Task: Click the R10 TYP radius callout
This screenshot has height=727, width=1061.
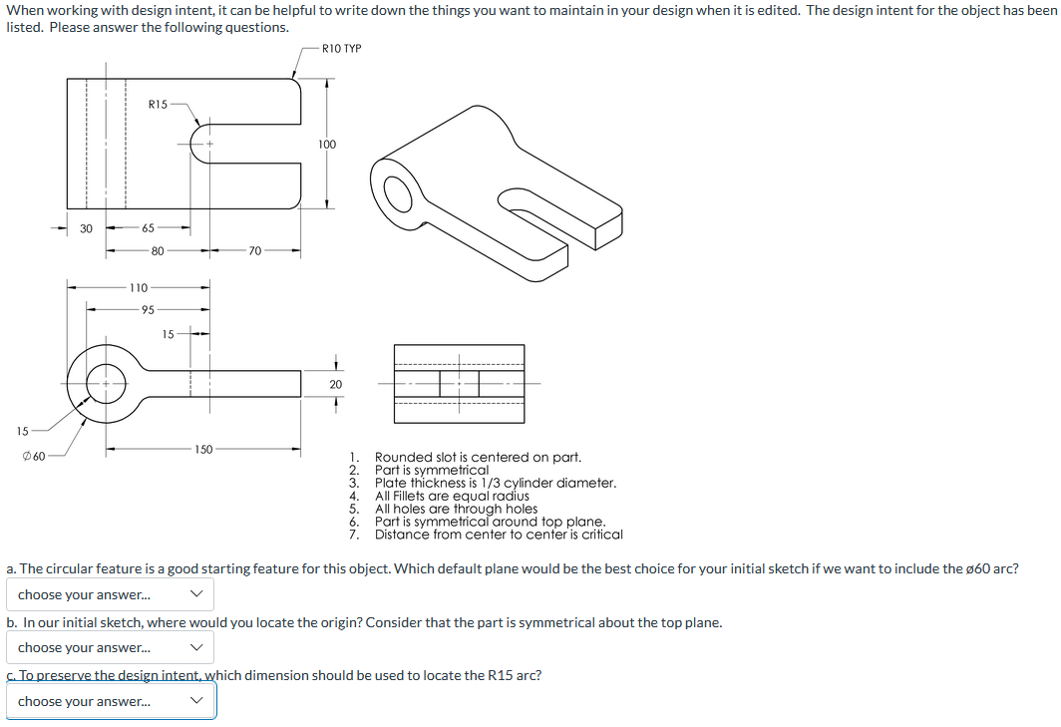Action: point(342,48)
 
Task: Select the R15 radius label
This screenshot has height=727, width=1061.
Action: point(158,104)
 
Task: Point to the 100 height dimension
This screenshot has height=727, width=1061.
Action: point(328,145)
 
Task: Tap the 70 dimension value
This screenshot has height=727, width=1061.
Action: point(254,250)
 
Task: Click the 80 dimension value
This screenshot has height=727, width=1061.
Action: point(158,250)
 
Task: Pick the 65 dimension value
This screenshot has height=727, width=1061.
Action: point(148,228)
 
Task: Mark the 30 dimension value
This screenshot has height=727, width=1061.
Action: point(87,228)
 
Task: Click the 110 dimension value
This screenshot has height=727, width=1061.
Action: point(139,287)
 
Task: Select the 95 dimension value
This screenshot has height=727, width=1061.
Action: point(147,309)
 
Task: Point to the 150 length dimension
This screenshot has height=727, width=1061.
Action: point(203,450)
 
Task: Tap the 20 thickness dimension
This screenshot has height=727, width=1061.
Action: point(336,384)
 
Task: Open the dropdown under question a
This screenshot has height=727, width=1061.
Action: point(111,595)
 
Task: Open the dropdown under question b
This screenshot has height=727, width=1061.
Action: point(111,648)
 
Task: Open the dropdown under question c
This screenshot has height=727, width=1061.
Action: point(111,701)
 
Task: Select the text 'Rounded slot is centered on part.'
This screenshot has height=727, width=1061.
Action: point(478,458)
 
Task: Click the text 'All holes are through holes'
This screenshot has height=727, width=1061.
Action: point(456,509)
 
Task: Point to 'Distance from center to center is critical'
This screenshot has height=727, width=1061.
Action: point(499,535)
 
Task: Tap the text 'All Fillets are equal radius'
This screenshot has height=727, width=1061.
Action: point(452,496)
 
